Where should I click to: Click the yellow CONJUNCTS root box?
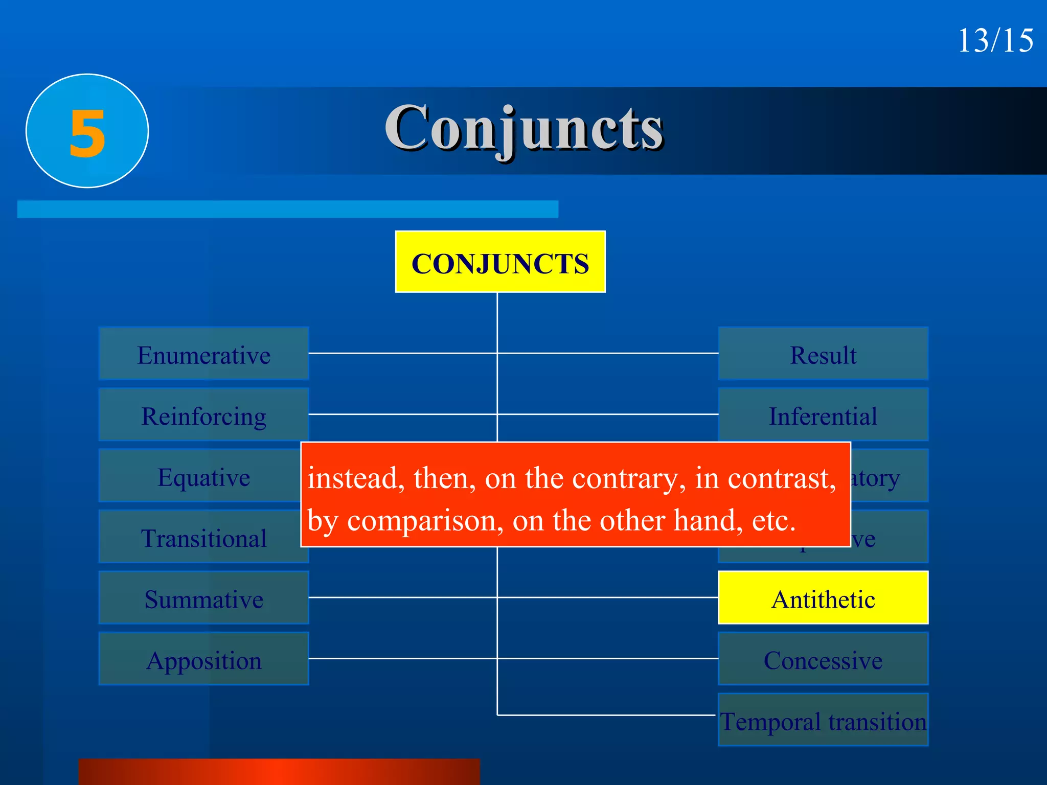click(x=500, y=262)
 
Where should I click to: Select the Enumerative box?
click(x=203, y=354)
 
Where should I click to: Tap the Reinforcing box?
click(x=203, y=415)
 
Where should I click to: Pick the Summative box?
click(x=203, y=598)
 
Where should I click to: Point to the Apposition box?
click(x=203, y=659)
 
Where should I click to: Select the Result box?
click(x=823, y=354)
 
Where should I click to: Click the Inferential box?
click(x=823, y=415)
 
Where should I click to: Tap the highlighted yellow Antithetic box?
click(x=823, y=598)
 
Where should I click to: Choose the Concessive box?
click(x=823, y=659)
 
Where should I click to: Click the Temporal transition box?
click(x=823, y=721)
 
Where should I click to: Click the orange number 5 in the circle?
click(x=87, y=132)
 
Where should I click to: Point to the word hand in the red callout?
click(x=708, y=521)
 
